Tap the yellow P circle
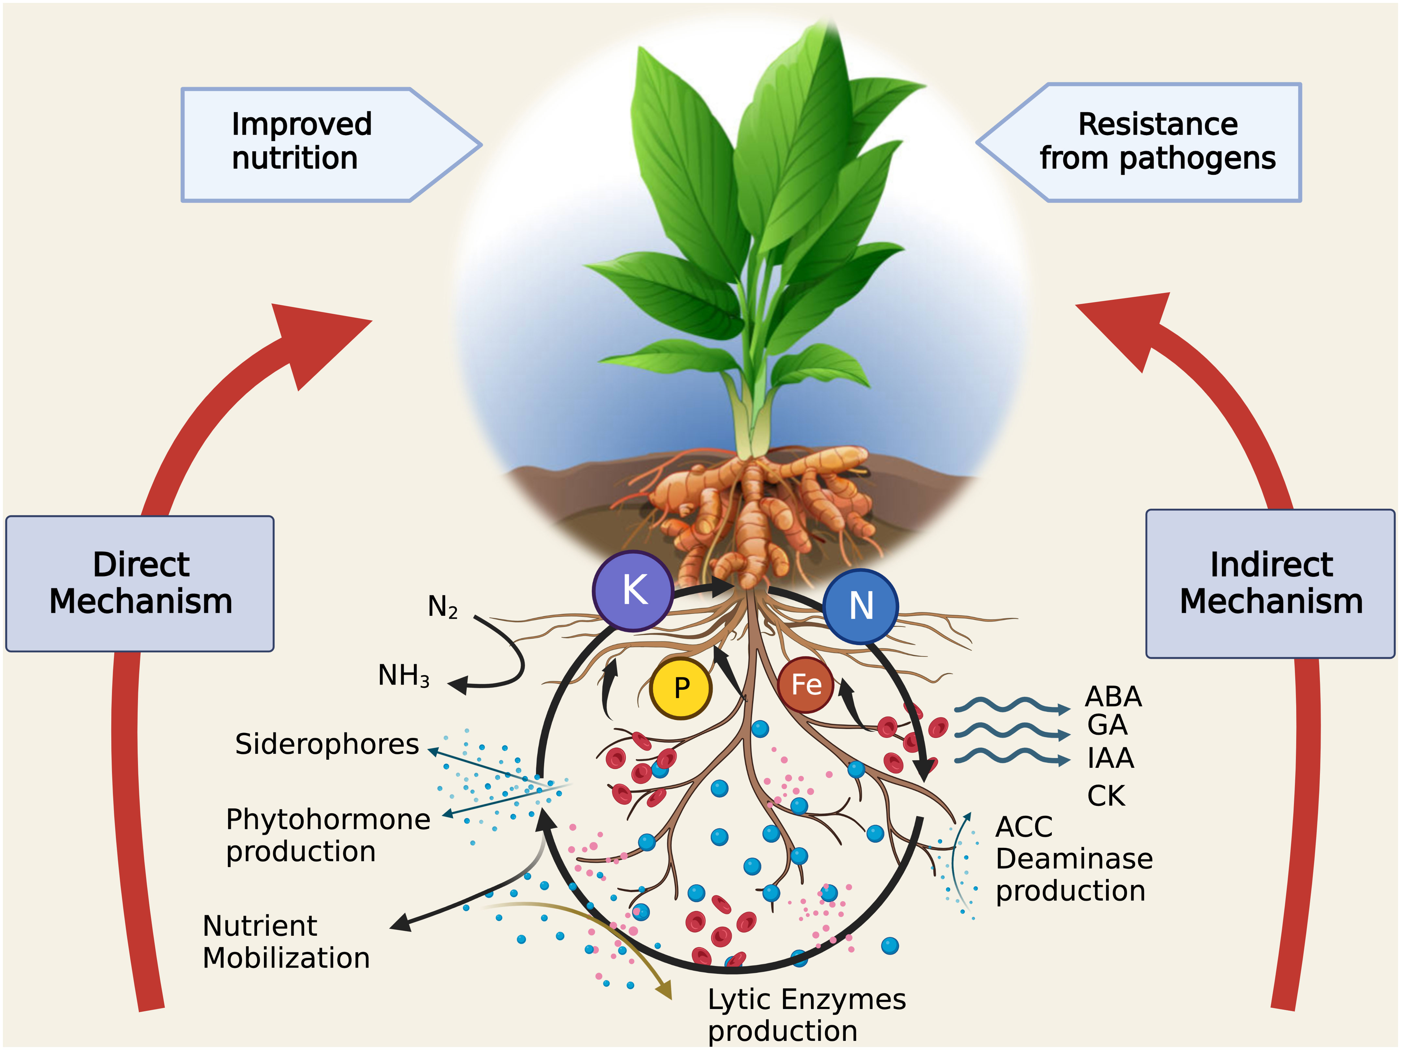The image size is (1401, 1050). pyautogui.click(x=681, y=688)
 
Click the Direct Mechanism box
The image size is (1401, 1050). pyautogui.click(x=140, y=583)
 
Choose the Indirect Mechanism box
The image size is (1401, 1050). pyautogui.click(x=1271, y=583)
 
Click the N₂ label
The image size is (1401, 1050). pyautogui.click(x=442, y=607)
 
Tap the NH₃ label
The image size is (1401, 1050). pyautogui.click(x=404, y=676)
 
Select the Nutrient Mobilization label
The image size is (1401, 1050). pyautogui.click(x=286, y=942)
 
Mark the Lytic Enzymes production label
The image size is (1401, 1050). pyautogui.click(x=806, y=1015)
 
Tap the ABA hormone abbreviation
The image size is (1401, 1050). pyautogui.click(x=1113, y=697)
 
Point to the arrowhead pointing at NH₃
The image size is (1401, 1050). pyautogui.click(x=457, y=684)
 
